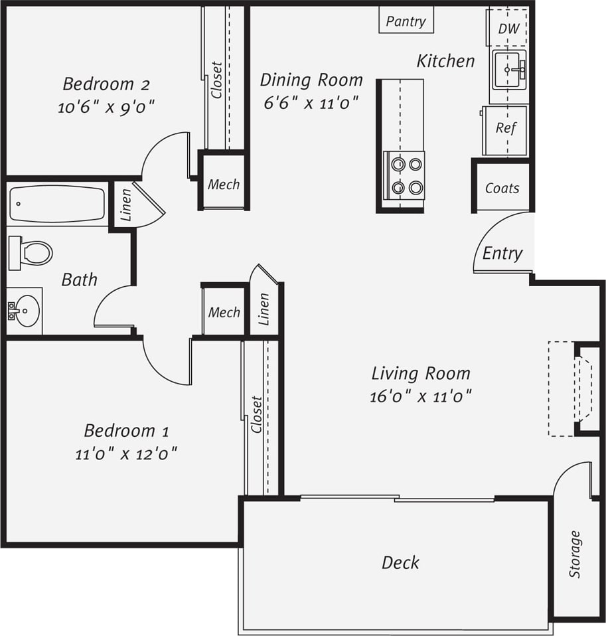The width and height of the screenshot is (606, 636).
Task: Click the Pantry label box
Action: [406, 21]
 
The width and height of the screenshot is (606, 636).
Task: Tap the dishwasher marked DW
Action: [508, 29]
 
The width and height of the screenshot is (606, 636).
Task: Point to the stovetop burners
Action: [406, 175]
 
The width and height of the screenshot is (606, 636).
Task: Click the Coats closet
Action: [502, 188]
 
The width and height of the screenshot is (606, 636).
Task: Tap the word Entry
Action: [502, 253]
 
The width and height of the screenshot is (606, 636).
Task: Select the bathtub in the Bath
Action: [58, 204]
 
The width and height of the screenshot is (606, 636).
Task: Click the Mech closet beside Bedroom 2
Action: [224, 184]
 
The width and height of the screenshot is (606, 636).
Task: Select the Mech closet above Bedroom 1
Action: [224, 311]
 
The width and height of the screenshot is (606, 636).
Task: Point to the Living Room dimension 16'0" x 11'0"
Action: [420, 397]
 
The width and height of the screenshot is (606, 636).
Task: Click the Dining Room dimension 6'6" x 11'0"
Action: [311, 102]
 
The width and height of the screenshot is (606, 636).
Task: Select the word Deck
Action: [400, 563]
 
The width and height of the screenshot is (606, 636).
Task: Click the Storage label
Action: [575, 554]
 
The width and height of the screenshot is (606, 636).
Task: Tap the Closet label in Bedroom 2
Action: [216, 80]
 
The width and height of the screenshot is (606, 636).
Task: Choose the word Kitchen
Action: [445, 61]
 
